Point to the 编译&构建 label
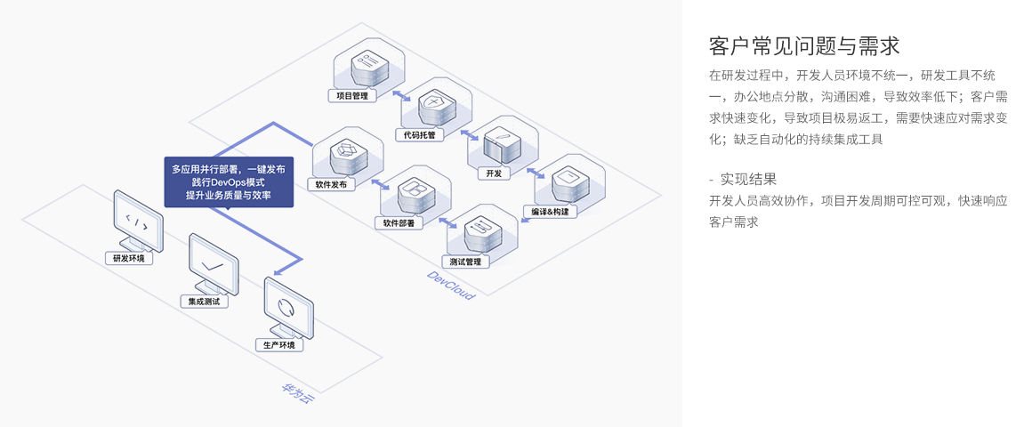click(x=550, y=212)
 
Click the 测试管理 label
click(x=465, y=262)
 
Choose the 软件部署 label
click(x=399, y=223)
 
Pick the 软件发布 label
click(x=331, y=185)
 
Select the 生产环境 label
click(x=278, y=344)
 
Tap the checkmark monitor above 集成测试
click(x=213, y=262)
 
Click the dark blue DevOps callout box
click(x=229, y=182)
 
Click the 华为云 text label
click(x=297, y=394)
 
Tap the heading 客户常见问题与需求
click(x=804, y=45)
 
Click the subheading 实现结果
click(x=747, y=179)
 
